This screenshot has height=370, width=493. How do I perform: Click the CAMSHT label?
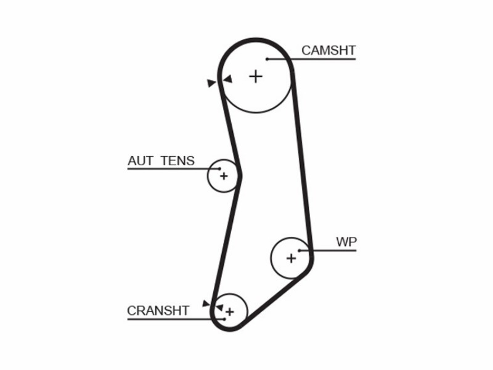[328, 51]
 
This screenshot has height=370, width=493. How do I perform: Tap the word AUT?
[141, 161]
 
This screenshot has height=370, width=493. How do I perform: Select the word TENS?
[177, 161]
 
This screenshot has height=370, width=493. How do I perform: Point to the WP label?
[346, 242]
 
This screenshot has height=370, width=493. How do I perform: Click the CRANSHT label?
[158, 311]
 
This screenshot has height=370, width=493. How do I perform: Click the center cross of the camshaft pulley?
[256, 76]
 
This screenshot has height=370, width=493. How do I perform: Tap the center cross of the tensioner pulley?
[224, 176]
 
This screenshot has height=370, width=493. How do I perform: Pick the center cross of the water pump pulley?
[291, 258]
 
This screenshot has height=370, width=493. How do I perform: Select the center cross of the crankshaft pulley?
[230, 312]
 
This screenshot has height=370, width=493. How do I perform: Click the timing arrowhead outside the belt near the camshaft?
[211, 83]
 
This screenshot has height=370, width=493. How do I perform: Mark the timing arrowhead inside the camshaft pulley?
[227, 79]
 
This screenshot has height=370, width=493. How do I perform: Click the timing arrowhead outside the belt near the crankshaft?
[206, 303]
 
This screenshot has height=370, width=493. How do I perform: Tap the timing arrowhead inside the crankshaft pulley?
[219, 307]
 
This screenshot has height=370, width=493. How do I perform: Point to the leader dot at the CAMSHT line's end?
[267, 59]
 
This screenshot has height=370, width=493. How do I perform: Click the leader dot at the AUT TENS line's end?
[220, 169]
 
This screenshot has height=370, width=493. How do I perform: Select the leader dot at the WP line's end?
[299, 251]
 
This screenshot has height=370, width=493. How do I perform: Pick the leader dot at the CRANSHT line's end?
[224, 319]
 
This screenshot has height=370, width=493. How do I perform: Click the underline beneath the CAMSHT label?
[311, 59]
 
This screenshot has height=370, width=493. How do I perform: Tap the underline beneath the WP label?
[328, 251]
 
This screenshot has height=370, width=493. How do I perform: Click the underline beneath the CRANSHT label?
[176, 319]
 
